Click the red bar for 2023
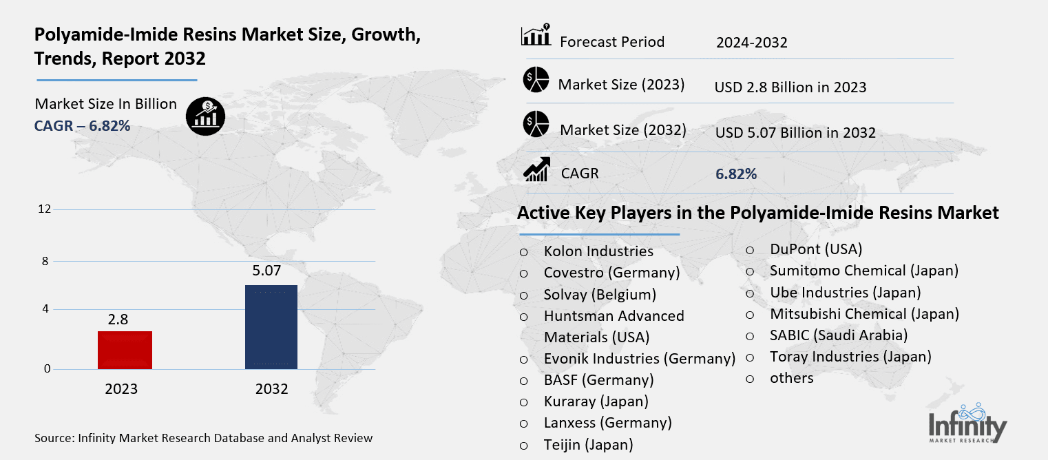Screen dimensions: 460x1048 click(x=125, y=350)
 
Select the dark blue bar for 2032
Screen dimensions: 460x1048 click(x=271, y=327)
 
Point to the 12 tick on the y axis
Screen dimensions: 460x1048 click(x=45, y=209)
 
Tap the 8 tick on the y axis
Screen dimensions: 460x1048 click(x=45, y=261)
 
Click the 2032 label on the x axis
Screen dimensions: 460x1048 click(x=271, y=389)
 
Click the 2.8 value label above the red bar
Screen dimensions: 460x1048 click(x=118, y=320)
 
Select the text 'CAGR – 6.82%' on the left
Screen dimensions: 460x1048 click(x=83, y=125)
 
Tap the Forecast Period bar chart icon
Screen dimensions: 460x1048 click(x=536, y=35)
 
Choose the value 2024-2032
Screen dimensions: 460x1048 click(x=751, y=43)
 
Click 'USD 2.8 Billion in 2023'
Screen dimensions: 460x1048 click(x=790, y=87)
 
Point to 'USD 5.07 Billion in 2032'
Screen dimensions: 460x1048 click(x=795, y=132)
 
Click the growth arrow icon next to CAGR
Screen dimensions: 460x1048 click(x=536, y=169)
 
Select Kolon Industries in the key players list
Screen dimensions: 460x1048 click(x=598, y=251)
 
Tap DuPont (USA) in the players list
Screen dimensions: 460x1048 click(x=815, y=249)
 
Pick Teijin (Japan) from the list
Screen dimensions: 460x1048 click(x=587, y=444)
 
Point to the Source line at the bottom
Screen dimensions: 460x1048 click(x=203, y=438)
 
